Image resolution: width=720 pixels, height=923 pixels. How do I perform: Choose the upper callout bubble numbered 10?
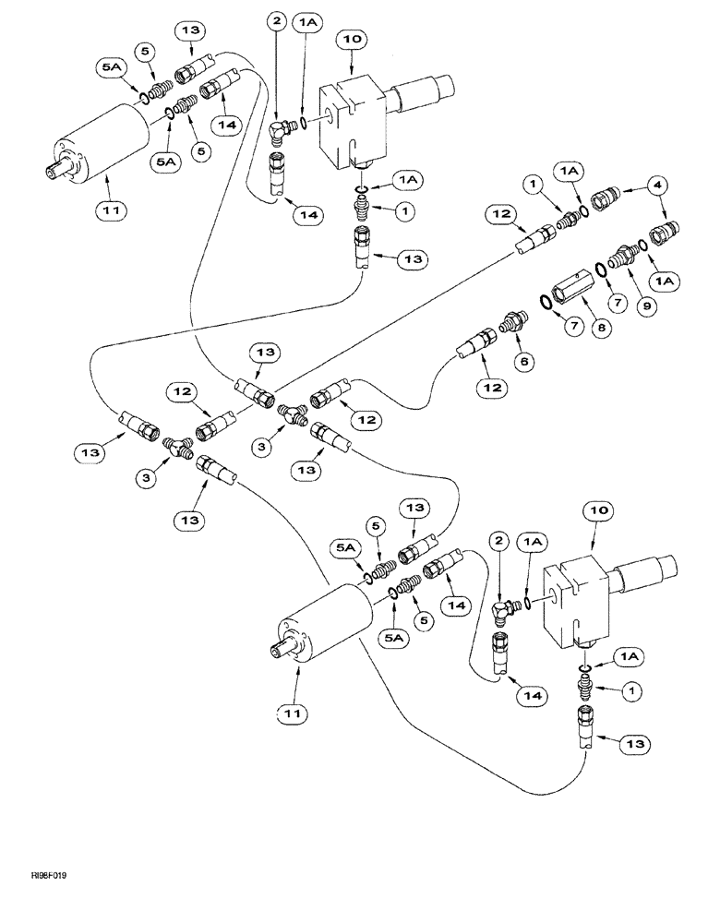tap(355, 40)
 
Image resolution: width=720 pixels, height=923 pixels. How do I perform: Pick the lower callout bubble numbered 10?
tap(593, 509)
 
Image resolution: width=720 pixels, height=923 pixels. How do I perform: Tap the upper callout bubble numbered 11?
tap(106, 210)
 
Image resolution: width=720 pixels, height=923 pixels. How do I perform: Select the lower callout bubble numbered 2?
tap(498, 539)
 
